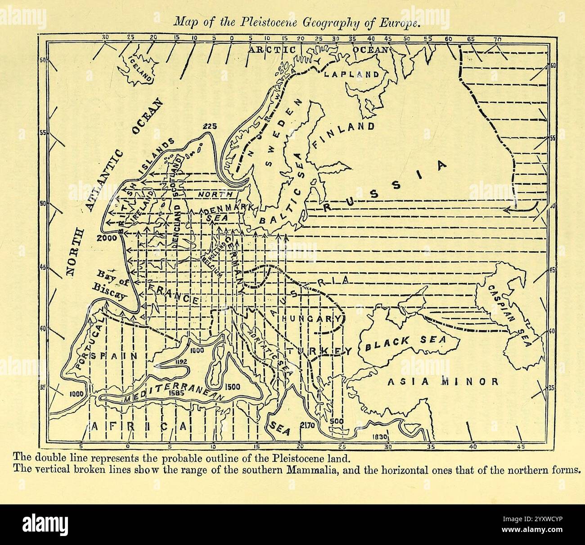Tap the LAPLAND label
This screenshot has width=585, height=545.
352,74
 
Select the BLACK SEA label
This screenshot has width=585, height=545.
405,344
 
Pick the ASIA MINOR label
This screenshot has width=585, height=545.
443,382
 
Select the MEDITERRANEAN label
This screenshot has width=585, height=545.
174,394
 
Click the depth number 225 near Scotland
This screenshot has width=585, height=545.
210,126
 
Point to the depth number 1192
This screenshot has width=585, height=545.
181,361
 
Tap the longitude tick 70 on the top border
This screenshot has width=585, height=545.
497,40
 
